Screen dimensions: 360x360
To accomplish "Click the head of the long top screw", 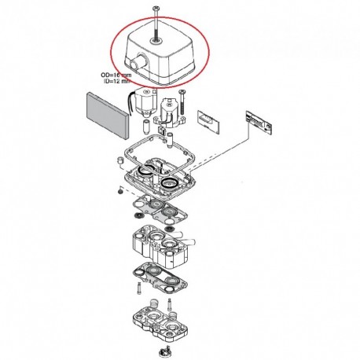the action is (156, 9).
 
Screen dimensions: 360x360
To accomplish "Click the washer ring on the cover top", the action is (156, 41).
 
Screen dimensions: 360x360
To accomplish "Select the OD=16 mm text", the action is (116, 75).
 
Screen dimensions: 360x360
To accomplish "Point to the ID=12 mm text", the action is (117, 81).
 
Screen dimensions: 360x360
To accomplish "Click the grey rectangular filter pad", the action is (108, 115).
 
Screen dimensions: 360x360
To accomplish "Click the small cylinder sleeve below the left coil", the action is (145, 126).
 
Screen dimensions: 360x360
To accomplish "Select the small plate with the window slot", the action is (208, 122).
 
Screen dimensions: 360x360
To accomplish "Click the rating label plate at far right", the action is (259, 123).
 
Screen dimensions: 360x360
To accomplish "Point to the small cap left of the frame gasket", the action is (119, 160).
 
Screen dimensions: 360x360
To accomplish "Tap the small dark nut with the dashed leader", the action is (120, 192).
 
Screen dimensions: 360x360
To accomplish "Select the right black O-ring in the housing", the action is (170, 182).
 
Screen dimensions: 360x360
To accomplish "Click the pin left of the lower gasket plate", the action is (139, 288).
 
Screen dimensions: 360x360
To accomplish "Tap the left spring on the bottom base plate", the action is (155, 305).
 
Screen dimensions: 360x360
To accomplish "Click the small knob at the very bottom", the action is (165, 351).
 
